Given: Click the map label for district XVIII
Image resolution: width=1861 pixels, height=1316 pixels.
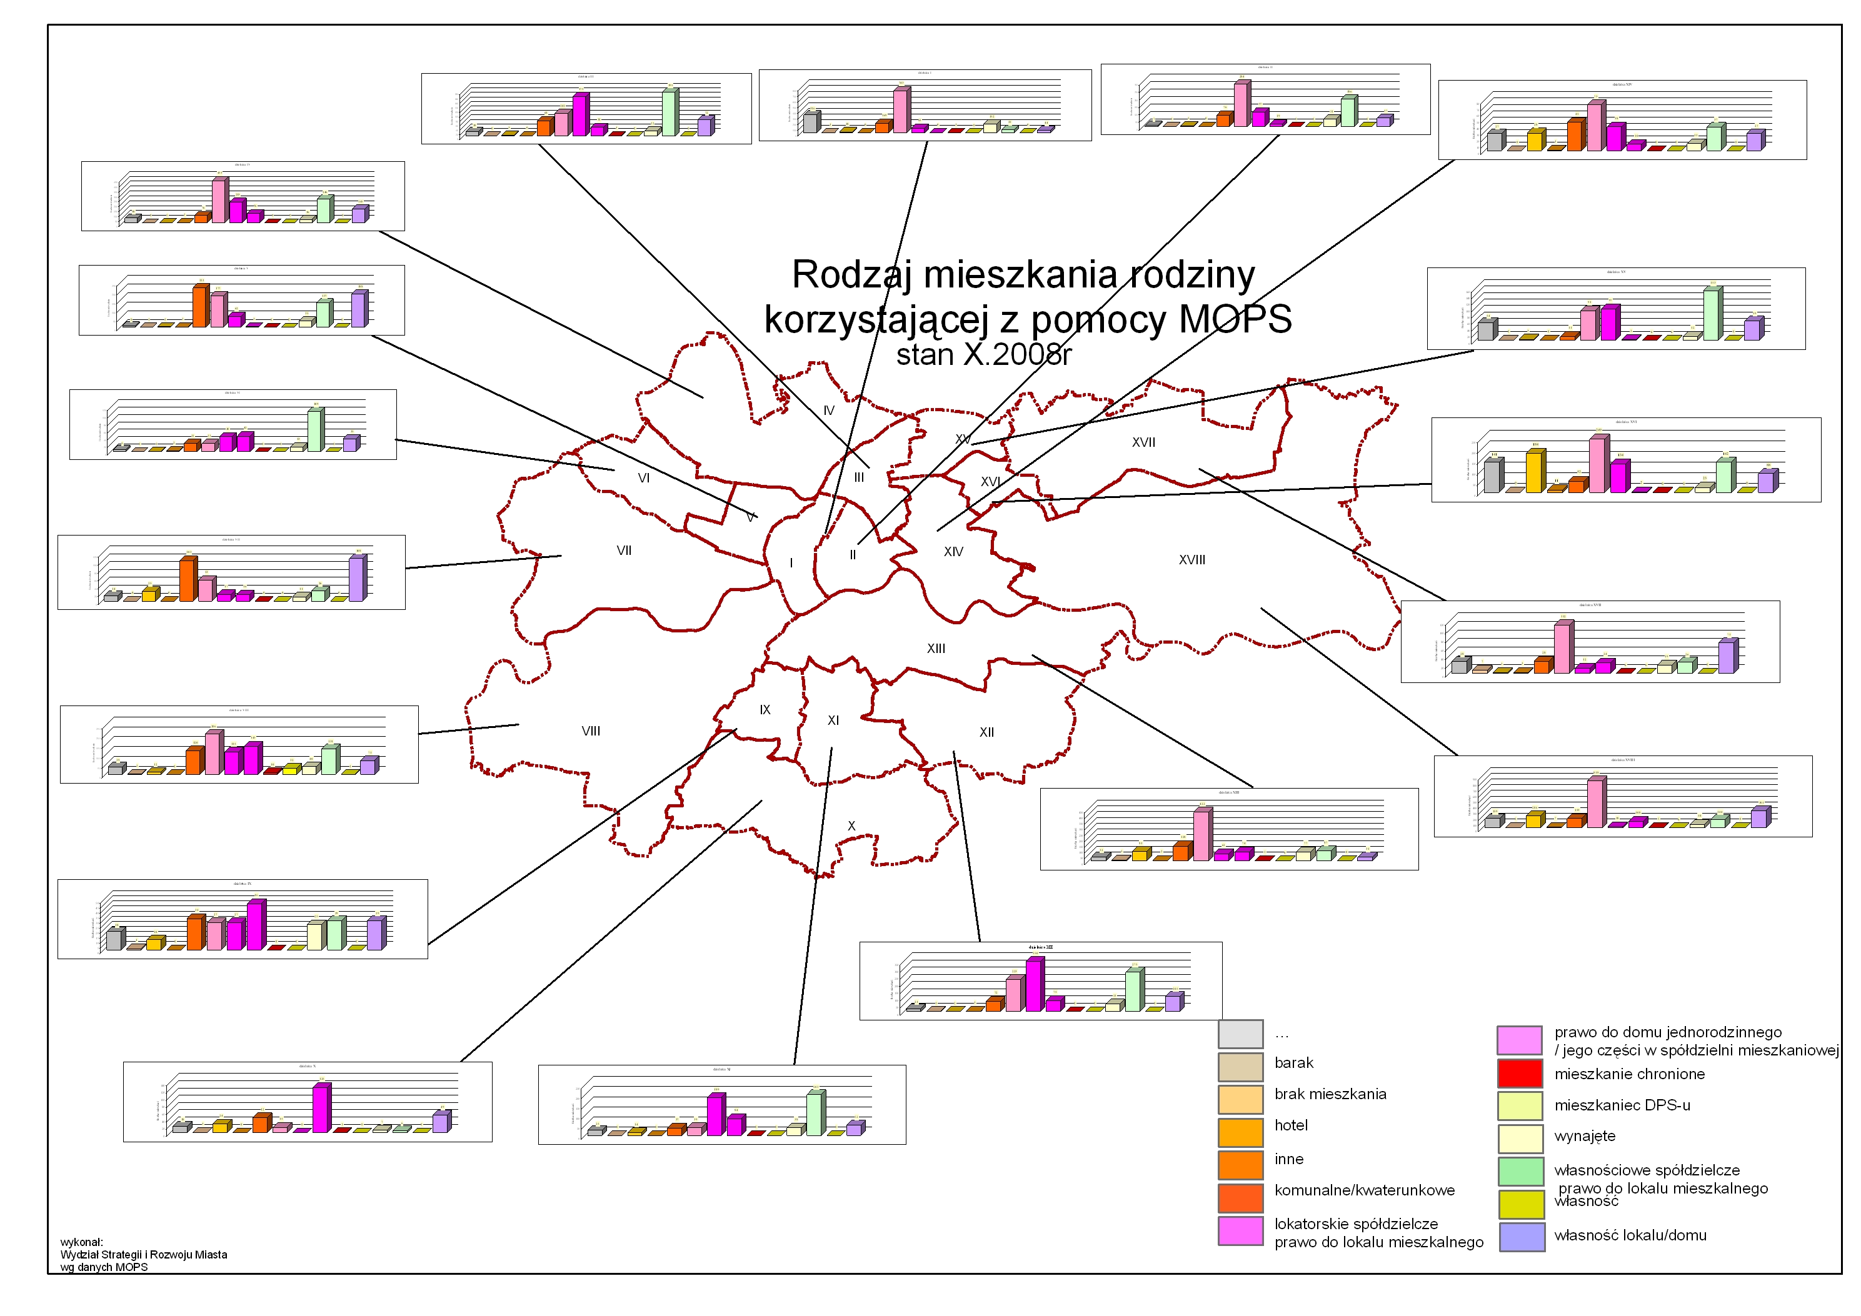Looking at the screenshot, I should (1191, 560).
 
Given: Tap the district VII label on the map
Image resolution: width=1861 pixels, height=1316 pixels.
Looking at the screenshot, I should (623, 551).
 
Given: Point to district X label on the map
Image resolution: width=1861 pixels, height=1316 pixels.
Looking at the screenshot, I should (851, 825).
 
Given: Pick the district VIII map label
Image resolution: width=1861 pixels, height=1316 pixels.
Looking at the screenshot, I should (591, 731).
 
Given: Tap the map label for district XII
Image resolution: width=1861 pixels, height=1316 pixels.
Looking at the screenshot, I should (986, 732).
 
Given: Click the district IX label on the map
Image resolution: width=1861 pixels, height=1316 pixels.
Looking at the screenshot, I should (765, 710).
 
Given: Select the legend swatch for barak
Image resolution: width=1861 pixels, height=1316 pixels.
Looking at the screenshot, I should (1240, 1067).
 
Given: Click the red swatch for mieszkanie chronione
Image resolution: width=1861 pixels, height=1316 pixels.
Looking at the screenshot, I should (1519, 1074).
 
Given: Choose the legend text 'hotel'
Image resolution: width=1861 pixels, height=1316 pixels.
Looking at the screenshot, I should (1290, 1125).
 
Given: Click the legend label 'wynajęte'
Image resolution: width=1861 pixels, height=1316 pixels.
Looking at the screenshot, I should (1584, 1136).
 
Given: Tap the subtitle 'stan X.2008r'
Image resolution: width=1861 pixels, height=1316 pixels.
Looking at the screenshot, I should (983, 355).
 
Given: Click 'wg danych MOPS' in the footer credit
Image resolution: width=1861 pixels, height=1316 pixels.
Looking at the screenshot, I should (104, 1267).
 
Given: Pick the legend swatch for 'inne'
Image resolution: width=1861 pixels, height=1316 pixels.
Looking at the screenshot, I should (1240, 1164).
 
